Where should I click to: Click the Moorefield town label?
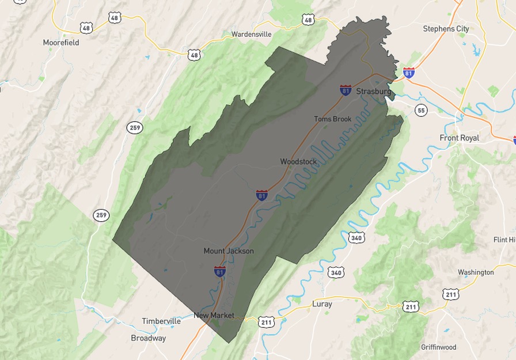point(61,43)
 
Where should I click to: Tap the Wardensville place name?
point(251,34)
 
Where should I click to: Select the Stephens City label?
point(446,29)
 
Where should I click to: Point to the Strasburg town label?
point(374,92)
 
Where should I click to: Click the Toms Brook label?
point(332,119)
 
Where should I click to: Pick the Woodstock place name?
point(298,162)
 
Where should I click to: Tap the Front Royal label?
point(459,138)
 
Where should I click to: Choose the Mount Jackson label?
point(229,251)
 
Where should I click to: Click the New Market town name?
point(214,315)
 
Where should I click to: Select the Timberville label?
point(161,321)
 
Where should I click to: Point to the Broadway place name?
point(148,338)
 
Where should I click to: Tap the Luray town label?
point(322,304)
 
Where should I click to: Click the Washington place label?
point(476,272)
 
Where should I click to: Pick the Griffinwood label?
point(438,347)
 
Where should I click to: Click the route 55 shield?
point(421,110)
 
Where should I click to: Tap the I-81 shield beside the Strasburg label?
point(346,90)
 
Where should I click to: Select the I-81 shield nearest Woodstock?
point(262,195)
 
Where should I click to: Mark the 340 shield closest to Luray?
point(336,272)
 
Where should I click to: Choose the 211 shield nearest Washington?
point(451,294)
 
